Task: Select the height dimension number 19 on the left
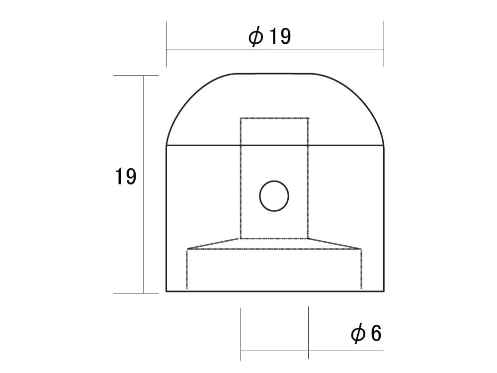pyautogui.click(x=126, y=177)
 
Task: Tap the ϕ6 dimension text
pyautogui.click(x=366, y=334)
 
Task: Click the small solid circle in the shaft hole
pyautogui.click(x=274, y=196)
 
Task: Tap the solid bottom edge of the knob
pyautogui.click(x=275, y=291)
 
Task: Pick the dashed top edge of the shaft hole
pyautogui.click(x=274, y=118)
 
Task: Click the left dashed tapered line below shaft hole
pyautogui.click(x=214, y=243)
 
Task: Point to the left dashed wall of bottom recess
pyautogui.click(x=187, y=269)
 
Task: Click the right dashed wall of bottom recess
pyautogui.click(x=361, y=269)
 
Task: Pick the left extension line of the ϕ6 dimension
pyautogui.click(x=241, y=333)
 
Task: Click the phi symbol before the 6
pyautogui.click(x=357, y=334)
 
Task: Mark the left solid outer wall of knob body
pyautogui.click(x=166, y=219)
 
